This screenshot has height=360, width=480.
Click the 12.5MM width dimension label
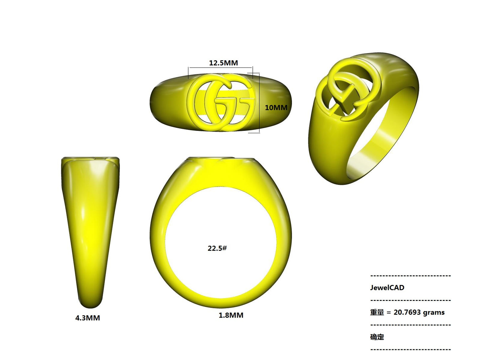[223, 63]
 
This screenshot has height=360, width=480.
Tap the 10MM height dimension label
[276, 108]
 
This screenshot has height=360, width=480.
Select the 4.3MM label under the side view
[87, 318]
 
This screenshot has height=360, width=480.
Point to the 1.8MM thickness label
[231, 315]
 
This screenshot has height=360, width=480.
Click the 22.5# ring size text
[217, 248]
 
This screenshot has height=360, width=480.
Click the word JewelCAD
[387, 288]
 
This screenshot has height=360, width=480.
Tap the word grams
[434, 313]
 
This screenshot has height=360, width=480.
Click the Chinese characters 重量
[377, 312]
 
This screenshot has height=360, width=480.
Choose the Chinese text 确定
[377, 337]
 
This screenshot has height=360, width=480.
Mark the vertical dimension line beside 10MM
[259, 103]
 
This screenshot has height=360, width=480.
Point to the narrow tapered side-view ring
[90, 229]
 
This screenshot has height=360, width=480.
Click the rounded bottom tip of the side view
[90, 304]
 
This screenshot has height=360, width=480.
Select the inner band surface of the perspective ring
[382, 139]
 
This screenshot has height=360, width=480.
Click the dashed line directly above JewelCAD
[410, 276]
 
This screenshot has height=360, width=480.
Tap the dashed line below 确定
[410, 349]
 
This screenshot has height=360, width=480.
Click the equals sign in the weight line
[389, 313]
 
